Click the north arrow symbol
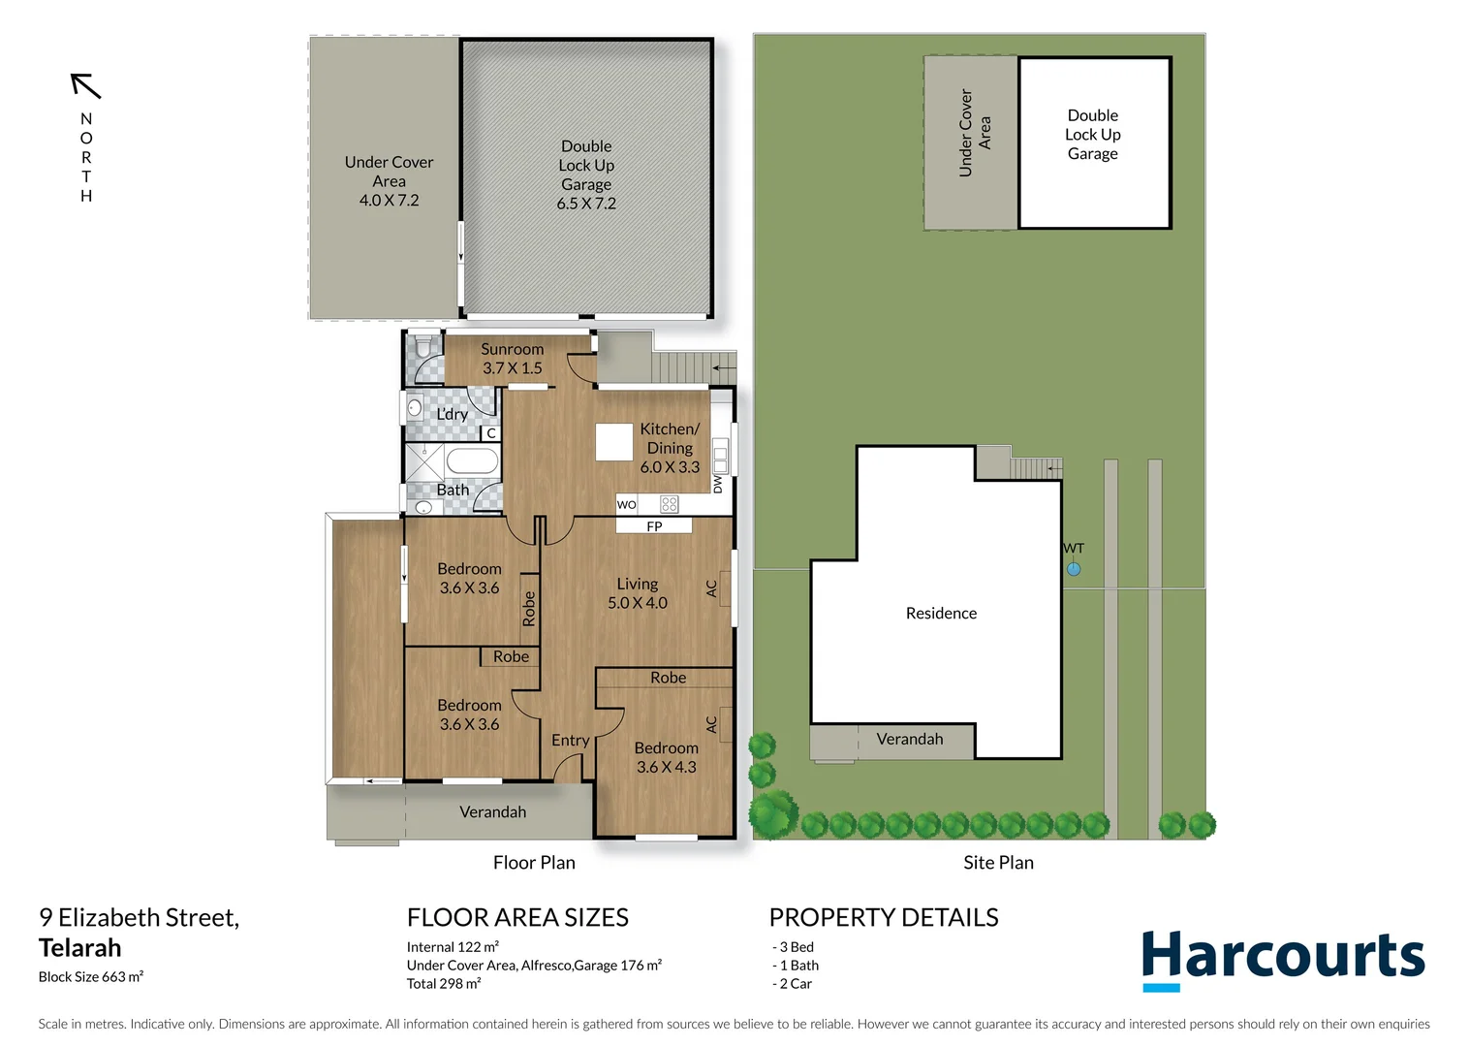[86, 85]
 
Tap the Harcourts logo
[1283, 958]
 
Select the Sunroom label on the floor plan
[512, 349]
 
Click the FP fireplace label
[654, 526]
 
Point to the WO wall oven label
[627, 504]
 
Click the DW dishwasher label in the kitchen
[718, 484]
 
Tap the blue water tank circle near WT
[1074, 569]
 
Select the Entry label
[570, 740]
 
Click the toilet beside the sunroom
[423, 347]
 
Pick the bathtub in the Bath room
[472, 461]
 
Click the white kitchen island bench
[613, 442]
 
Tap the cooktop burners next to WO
[669, 504]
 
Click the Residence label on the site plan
[941, 613]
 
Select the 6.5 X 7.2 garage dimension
[586, 204]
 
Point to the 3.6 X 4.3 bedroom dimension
[666, 767]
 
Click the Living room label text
[637, 584]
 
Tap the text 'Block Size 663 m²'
[91, 976]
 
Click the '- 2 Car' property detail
[794, 983]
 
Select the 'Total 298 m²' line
[444, 983]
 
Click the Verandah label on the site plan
[909, 739]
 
